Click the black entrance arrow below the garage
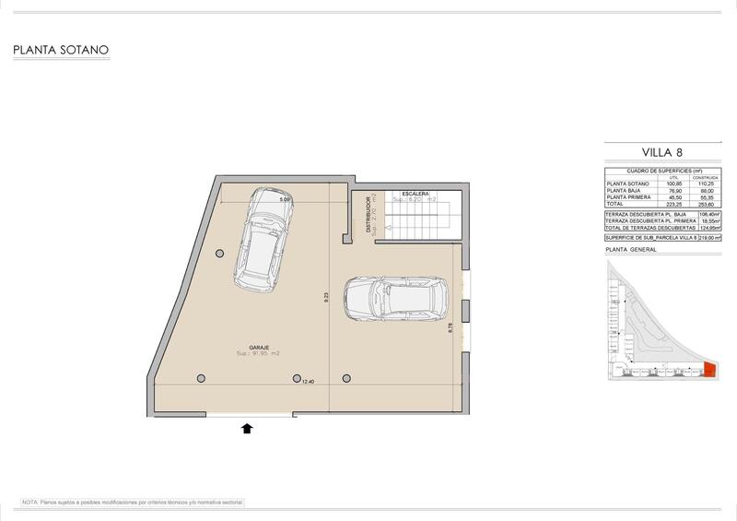coord(247,427)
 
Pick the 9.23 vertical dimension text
coord(325,298)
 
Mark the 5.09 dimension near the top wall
coord(285,199)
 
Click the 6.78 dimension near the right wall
coord(450,327)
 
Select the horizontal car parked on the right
coord(395,299)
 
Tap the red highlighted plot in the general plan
coord(709,370)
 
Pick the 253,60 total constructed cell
coord(707,205)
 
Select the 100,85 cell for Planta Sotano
coord(674,184)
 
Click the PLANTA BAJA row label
coord(624,191)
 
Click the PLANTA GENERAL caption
coord(630,250)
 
